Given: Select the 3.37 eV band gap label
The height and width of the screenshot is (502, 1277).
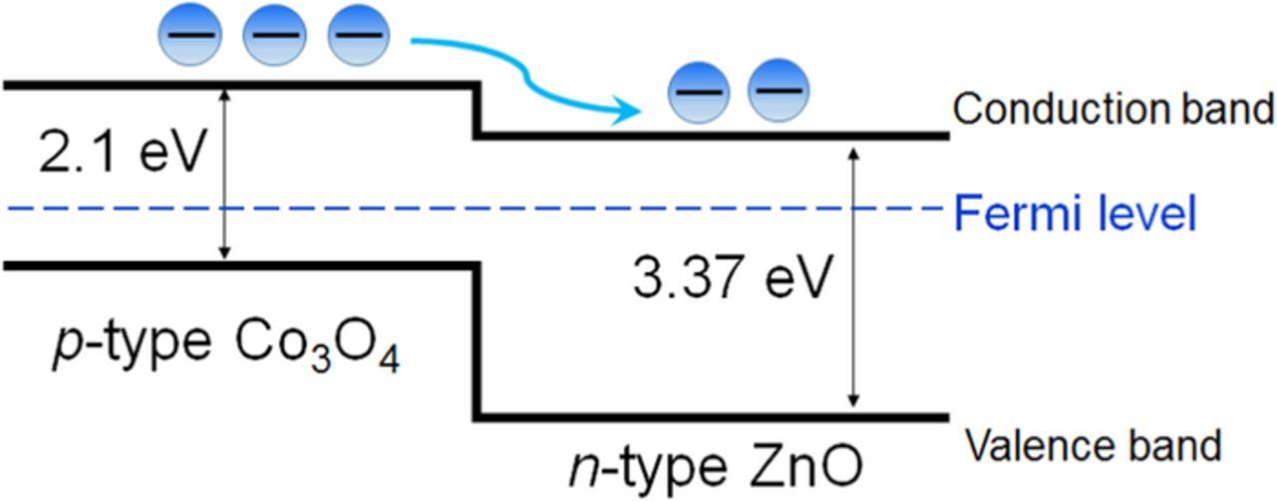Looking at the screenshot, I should [x=730, y=276].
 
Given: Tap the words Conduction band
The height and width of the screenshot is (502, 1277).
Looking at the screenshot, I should [x=1113, y=109].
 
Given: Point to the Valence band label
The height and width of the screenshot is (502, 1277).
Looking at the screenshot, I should [x=1093, y=445].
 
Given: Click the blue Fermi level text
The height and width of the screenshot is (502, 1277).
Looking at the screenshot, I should [x=1075, y=214].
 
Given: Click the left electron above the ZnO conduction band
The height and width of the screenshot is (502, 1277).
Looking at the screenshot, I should [x=697, y=93].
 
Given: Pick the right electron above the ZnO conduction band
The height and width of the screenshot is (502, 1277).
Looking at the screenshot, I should [x=778, y=91].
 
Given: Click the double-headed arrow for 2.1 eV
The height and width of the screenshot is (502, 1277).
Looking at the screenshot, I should [x=224, y=175].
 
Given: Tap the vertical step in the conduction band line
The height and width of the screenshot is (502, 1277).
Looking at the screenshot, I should [x=477, y=110].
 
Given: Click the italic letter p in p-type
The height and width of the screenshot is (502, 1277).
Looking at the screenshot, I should [x=65, y=348].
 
